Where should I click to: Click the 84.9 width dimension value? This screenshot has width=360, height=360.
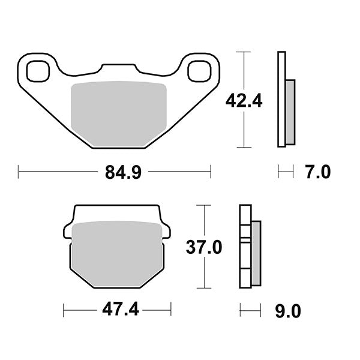pyautogui.click(x=123, y=172)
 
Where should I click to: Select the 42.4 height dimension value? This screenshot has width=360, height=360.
pyautogui.click(x=244, y=101)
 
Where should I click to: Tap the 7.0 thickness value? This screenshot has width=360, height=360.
pyautogui.click(x=318, y=172)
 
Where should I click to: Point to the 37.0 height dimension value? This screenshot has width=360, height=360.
pyautogui.click(x=204, y=247)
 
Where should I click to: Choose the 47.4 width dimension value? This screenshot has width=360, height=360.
pyautogui.click(x=121, y=310)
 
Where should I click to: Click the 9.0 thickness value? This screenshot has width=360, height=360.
pyautogui.click(x=288, y=311)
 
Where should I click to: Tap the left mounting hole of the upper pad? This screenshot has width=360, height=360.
pyautogui.click(x=38, y=71)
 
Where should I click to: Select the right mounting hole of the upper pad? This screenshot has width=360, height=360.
pyautogui.click(x=199, y=71)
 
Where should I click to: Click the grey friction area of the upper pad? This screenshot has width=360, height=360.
pyautogui.click(x=119, y=113)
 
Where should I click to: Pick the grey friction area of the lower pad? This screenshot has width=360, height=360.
pyautogui.click(x=117, y=254)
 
